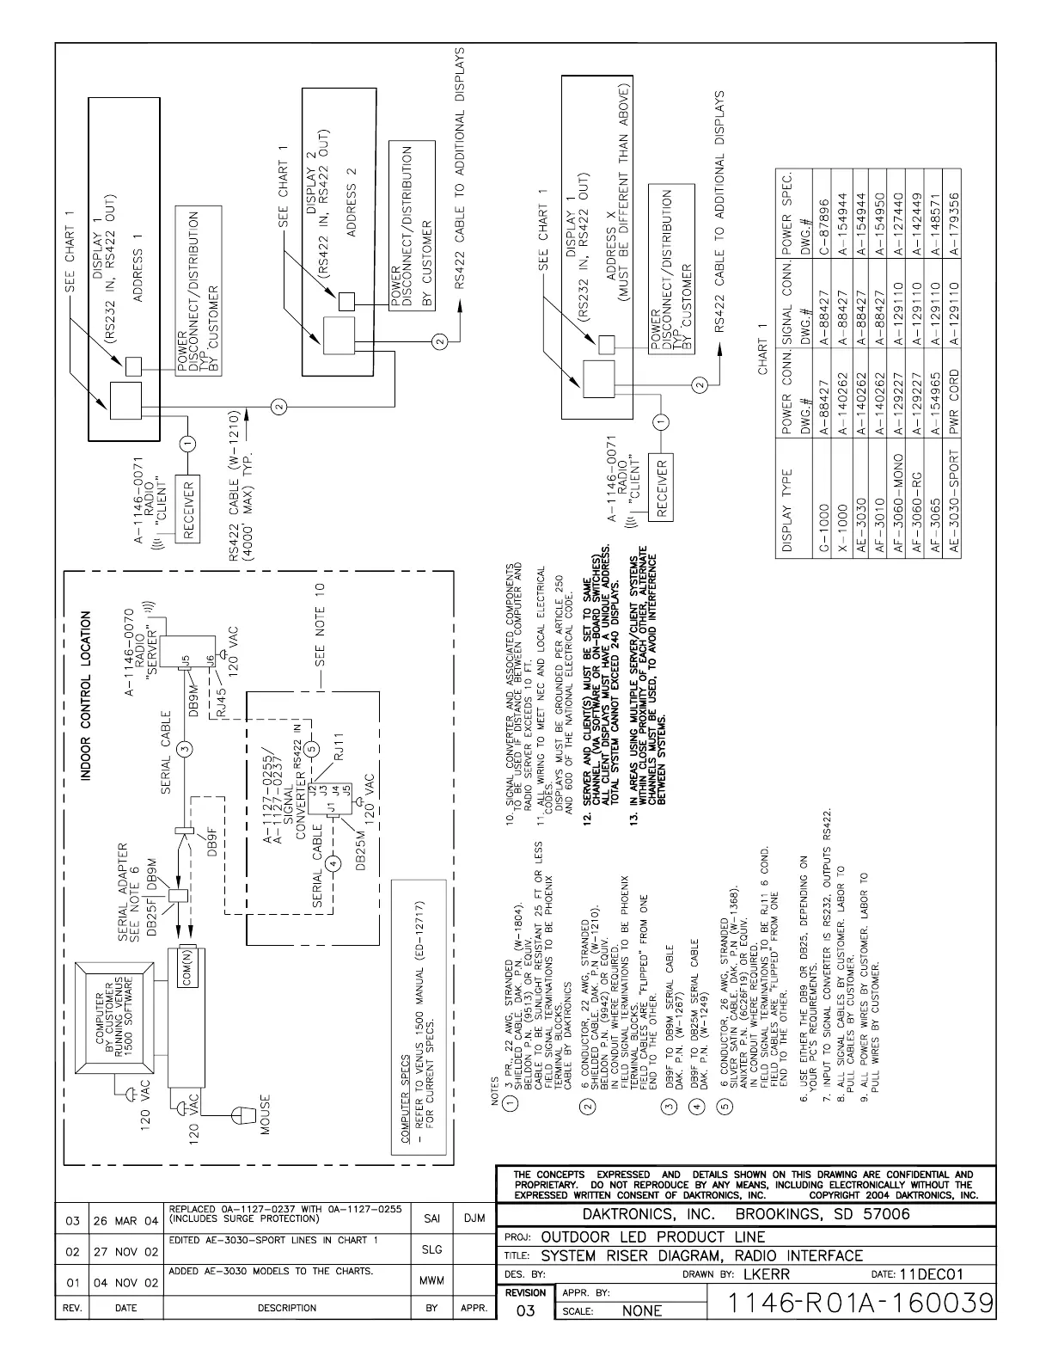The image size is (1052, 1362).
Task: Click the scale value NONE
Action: pos(642,1310)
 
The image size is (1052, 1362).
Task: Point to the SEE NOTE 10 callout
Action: pos(320,626)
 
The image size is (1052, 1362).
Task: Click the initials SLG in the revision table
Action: pos(431,1251)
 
